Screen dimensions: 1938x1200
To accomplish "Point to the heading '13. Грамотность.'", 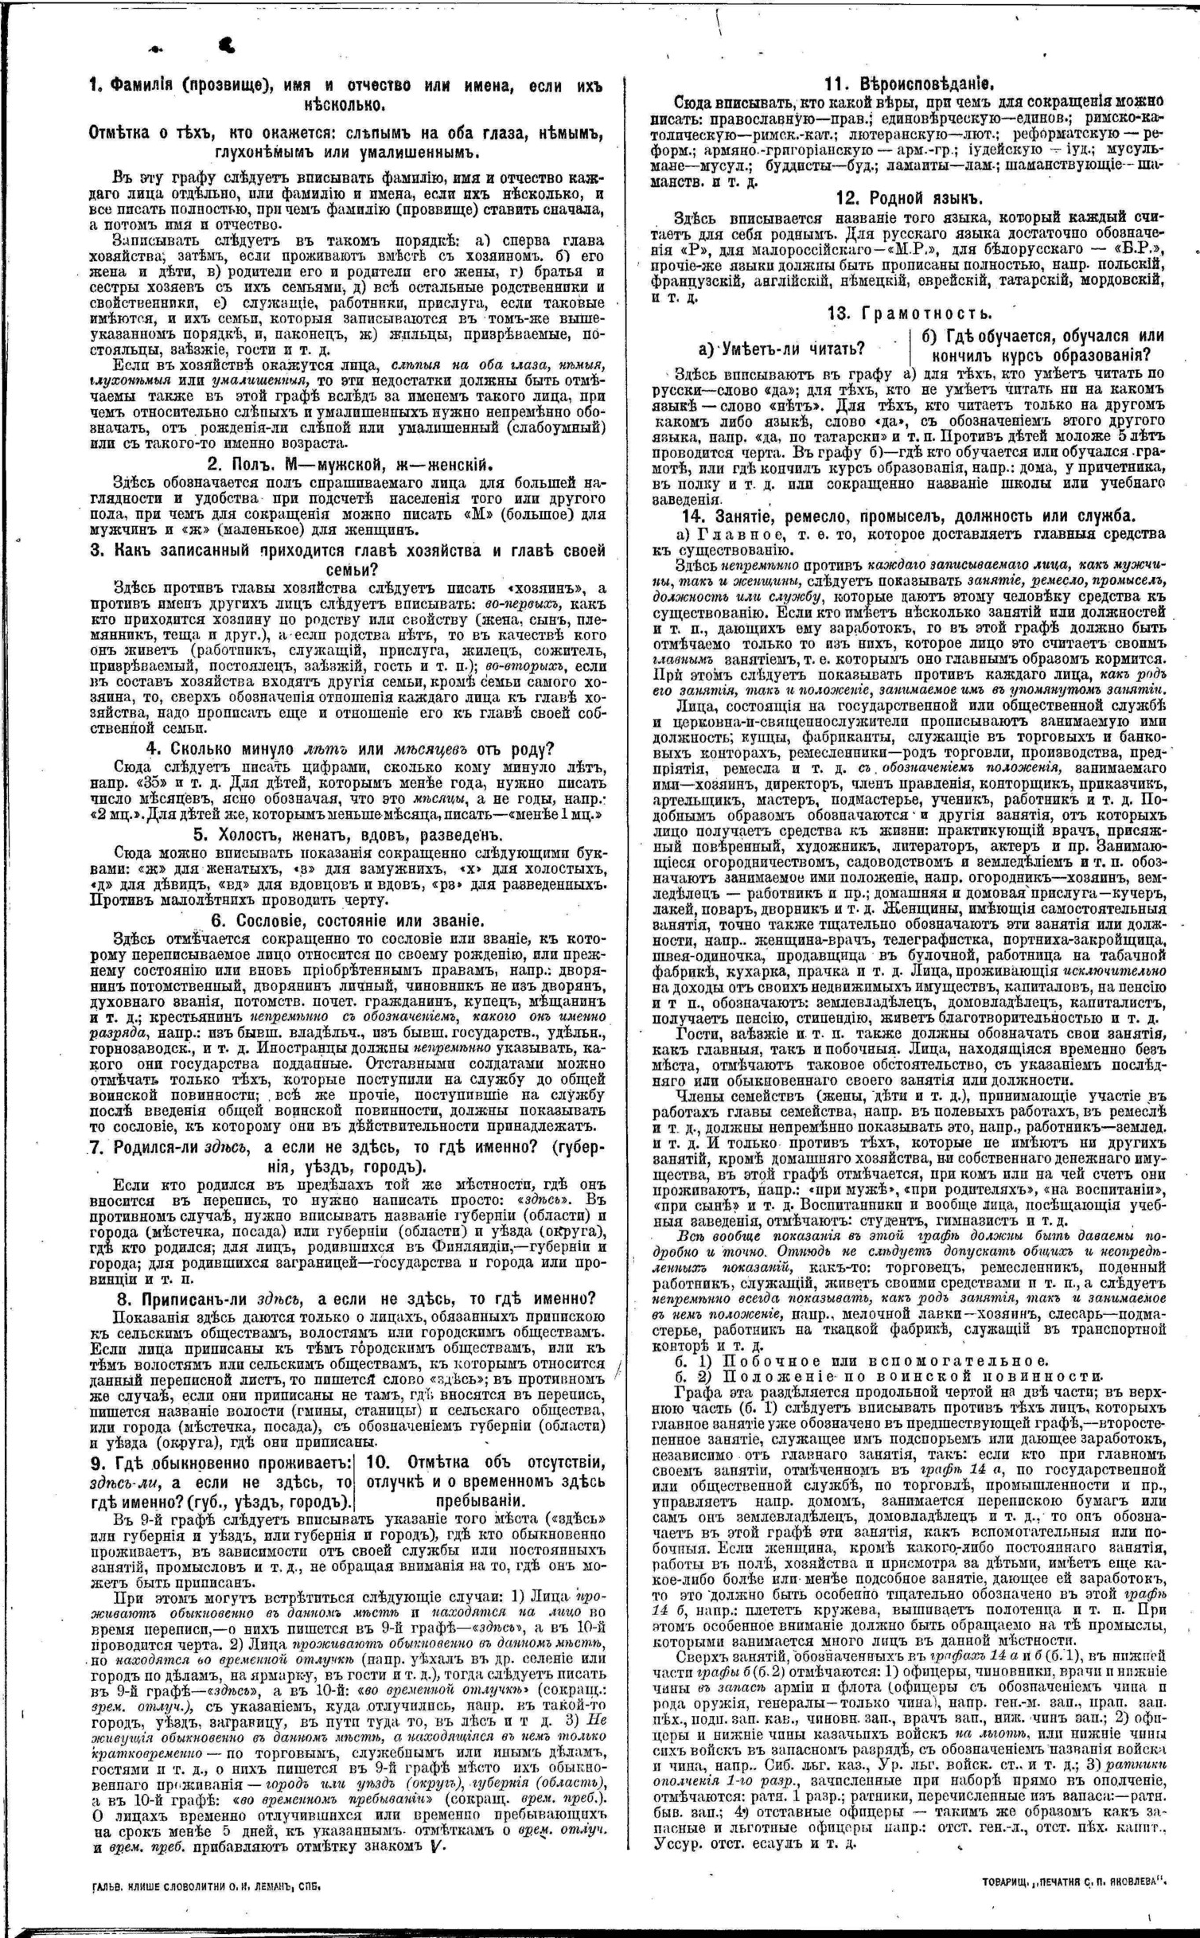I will [909, 313].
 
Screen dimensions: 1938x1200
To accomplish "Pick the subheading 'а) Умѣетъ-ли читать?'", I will [781, 349].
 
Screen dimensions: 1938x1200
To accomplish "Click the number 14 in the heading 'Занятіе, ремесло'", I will [683, 514].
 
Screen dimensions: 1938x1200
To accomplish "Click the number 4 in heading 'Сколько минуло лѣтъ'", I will [150, 749].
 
